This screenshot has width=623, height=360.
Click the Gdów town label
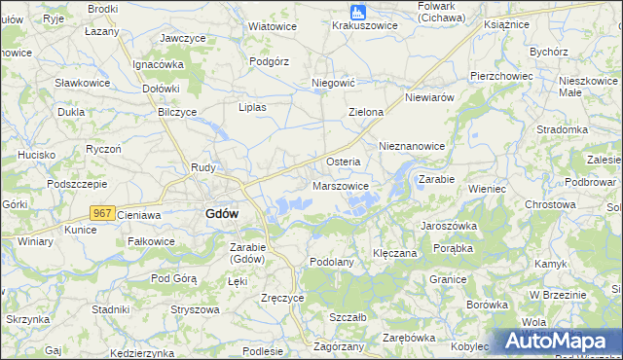click(x=223, y=214)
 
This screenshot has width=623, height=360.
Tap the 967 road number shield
click(x=102, y=213)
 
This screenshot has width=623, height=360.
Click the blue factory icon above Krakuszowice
click(x=358, y=12)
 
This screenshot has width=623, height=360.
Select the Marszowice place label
click(x=340, y=185)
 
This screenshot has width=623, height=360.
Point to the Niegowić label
click(x=331, y=84)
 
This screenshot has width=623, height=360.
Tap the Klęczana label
click(x=395, y=252)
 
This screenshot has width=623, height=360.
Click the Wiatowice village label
click(x=273, y=26)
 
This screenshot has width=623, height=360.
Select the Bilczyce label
click(x=177, y=112)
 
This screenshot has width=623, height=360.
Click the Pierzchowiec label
click(x=500, y=75)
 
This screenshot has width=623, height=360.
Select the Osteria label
click(x=343, y=162)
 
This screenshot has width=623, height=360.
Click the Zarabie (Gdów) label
click(x=253, y=253)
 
